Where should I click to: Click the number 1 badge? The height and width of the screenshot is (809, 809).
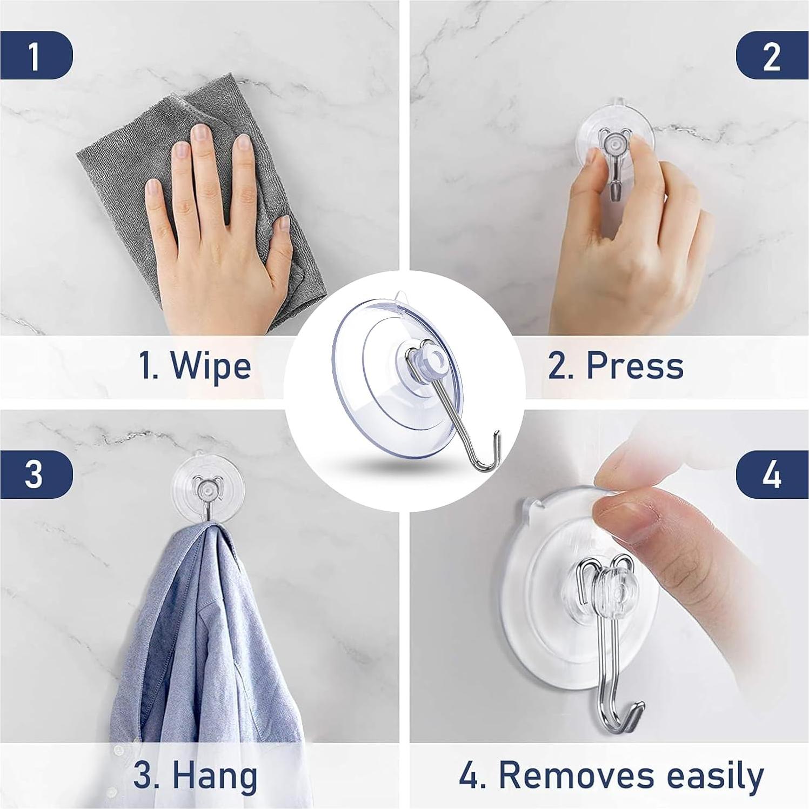[x=35, y=55]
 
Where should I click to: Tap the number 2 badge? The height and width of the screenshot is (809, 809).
[x=772, y=55]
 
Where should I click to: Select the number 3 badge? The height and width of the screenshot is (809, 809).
[x=35, y=474]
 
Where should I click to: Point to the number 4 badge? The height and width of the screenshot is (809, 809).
[x=772, y=474]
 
